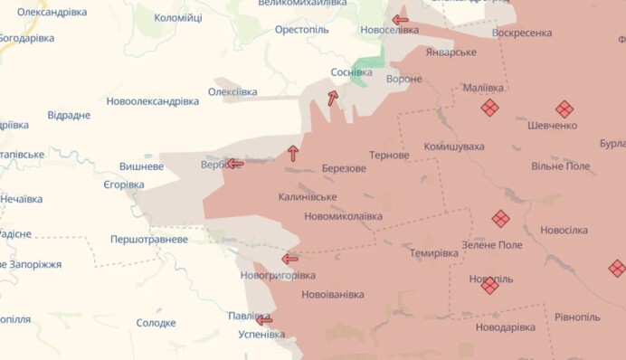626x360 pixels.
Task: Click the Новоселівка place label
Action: (389, 30)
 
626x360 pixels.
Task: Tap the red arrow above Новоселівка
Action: (400, 19)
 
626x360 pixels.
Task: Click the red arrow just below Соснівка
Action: (333, 98)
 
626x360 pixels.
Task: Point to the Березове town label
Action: (344, 168)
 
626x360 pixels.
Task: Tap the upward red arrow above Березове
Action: (292, 153)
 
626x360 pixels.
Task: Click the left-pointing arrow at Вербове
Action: (234, 164)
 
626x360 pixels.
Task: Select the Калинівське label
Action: (308, 196)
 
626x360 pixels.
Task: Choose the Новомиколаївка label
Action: (343, 216)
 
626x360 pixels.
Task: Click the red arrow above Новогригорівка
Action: (290, 258)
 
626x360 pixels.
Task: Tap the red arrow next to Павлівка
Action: (264, 319)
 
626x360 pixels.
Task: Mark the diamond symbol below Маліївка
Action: (489, 108)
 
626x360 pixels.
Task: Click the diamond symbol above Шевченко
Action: (564, 109)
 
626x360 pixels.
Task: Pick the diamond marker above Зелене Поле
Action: (500, 218)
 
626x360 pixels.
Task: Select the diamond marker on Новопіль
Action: (489, 285)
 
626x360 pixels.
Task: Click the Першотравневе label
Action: (149, 240)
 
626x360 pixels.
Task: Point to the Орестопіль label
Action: (302, 30)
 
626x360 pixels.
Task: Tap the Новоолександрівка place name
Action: (152, 101)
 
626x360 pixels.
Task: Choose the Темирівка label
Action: (433, 252)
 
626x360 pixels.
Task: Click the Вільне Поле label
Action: (560, 166)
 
